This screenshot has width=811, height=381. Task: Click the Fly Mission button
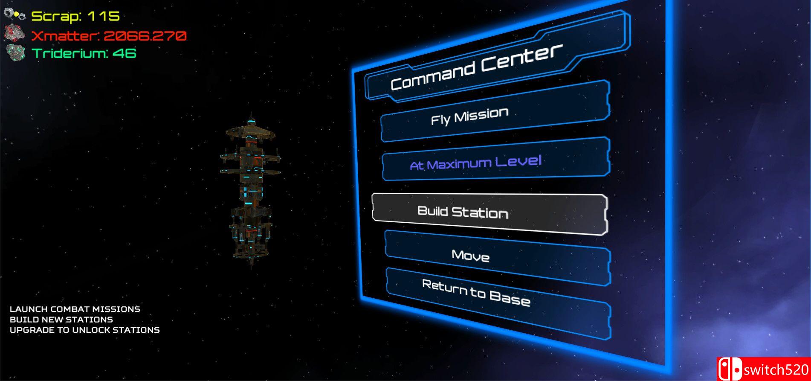495,111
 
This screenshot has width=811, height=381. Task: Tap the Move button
498,258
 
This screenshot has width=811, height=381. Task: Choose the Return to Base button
498,303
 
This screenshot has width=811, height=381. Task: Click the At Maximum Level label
475,163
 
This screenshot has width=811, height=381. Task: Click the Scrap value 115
104,17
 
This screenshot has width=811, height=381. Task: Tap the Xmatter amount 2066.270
145,35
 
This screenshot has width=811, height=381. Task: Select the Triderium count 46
124,53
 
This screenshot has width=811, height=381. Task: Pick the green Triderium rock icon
16,53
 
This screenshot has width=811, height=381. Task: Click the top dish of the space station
250,130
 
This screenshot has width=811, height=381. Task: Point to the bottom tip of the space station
251,268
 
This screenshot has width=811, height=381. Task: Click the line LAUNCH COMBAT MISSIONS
75,309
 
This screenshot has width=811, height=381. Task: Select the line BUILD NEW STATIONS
61,320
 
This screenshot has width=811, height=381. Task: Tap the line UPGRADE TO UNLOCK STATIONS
85,330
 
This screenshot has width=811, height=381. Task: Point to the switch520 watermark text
776,369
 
